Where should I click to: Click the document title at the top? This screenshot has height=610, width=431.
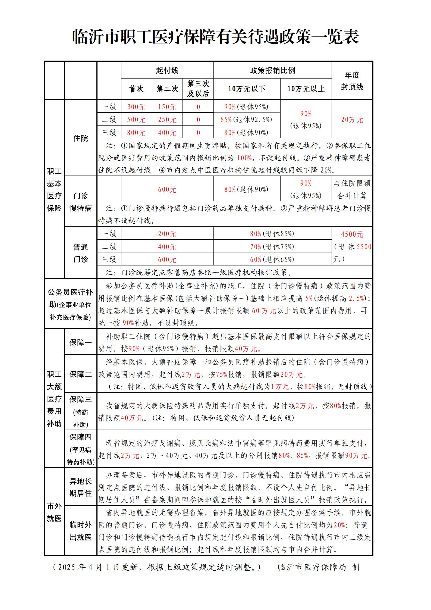click(215, 37)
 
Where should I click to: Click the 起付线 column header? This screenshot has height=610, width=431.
click(167, 71)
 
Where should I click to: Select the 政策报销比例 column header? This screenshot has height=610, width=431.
click(272, 71)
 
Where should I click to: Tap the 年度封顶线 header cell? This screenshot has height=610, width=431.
click(352, 81)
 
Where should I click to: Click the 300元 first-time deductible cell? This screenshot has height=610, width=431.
click(136, 107)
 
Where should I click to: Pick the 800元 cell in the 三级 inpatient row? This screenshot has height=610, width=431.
click(136, 133)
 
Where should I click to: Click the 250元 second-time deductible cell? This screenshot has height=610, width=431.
click(167, 120)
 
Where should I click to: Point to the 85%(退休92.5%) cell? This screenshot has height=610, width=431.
click(246, 120)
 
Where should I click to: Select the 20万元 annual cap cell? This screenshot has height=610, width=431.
click(352, 120)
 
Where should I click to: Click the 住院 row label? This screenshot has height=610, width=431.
click(81, 139)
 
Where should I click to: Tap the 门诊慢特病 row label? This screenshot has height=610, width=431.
click(81, 202)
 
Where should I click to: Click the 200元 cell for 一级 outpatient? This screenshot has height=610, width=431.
click(167, 234)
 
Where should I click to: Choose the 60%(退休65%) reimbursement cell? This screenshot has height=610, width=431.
click(272, 259)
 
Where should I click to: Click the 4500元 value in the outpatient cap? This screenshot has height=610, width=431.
click(352, 234)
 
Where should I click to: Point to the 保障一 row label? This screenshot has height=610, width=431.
click(81, 343)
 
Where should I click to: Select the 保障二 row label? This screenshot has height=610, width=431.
click(81, 374)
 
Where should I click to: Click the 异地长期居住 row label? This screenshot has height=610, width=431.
click(81, 487)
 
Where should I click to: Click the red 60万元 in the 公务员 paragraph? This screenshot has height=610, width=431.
click(264, 311)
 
